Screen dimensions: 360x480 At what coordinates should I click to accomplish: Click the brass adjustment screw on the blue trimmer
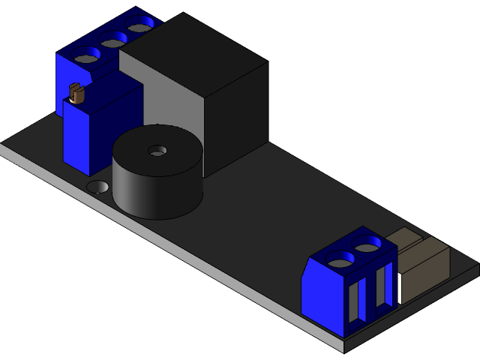point(75,94)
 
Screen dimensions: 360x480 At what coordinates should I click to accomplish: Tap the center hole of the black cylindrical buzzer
point(157,150)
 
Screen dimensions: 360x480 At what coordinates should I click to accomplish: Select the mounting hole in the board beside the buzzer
point(97,186)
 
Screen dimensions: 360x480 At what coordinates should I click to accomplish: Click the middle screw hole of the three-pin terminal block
point(113,42)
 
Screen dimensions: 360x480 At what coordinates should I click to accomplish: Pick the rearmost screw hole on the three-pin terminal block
point(139,28)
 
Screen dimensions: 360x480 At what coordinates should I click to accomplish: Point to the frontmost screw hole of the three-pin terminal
point(86,55)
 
